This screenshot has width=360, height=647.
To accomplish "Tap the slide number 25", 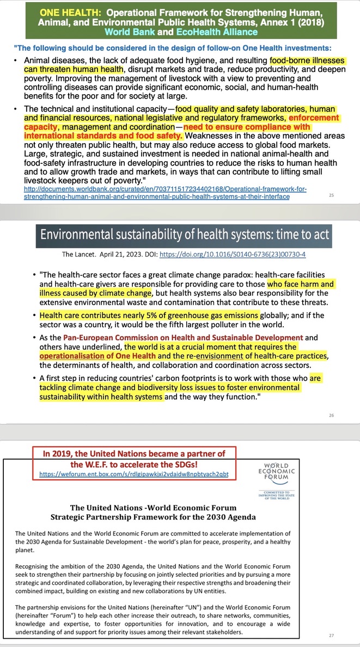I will (332, 195).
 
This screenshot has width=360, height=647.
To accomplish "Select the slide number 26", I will (332, 415).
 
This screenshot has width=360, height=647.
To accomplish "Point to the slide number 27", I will (332, 636).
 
